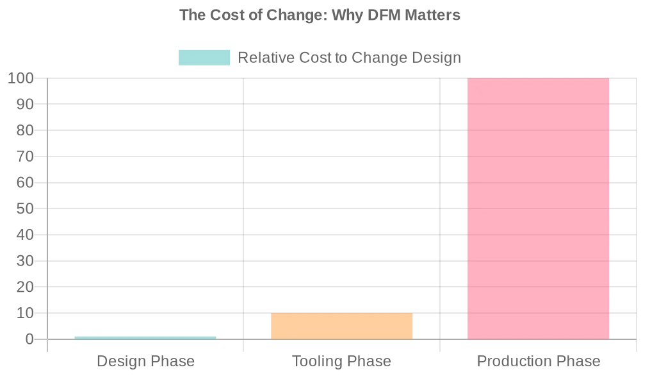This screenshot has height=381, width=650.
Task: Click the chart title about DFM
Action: click(x=320, y=15)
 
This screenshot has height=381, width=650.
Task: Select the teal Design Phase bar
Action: click(x=145, y=337)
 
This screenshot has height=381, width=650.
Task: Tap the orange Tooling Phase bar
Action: click(x=341, y=326)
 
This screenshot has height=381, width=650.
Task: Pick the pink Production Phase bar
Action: click(x=538, y=208)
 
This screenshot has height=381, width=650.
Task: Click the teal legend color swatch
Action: click(x=204, y=58)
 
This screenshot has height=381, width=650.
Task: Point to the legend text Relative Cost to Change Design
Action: click(x=349, y=58)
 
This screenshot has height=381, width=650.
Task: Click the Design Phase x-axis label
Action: click(x=145, y=361)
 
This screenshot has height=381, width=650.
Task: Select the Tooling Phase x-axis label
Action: click(x=341, y=361)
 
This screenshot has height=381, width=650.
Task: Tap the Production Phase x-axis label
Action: click(x=539, y=361)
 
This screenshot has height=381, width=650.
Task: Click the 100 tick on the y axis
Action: click(x=20, y=78)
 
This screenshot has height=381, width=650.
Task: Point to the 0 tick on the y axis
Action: click(x=29, y=339)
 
